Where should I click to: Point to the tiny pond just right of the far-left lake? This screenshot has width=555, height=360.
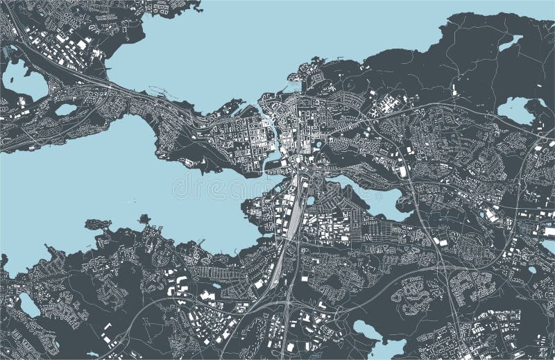click(x=66, y=110)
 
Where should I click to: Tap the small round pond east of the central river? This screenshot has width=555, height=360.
click(x=319, y=144)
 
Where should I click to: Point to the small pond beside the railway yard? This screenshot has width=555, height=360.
click(x=310, y=200)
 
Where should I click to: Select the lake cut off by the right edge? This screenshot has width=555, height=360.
click(x=548, y=246)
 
